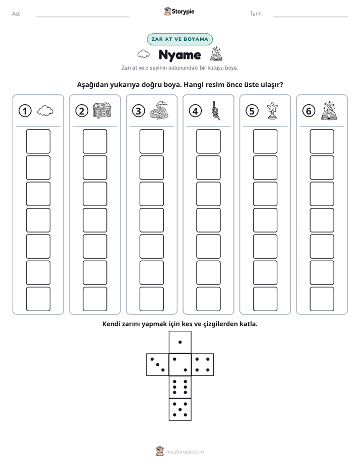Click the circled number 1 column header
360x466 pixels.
(25, 111)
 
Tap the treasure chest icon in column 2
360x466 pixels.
(102, 110)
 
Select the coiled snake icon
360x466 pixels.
(159, 110)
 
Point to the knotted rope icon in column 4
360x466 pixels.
(216, 110)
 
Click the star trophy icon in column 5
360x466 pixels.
(272, 110)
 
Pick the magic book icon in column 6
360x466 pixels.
(329, 110)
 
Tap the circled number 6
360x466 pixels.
(309, 111)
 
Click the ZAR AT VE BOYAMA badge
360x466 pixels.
(179, 39)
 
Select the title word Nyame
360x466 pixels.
(179, 55)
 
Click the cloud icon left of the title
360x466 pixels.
(144, 54)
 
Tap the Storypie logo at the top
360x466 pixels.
(179, 11)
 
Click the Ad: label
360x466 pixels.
(16, 14)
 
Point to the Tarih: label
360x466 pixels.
(256, 14)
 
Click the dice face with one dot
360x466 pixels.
(180, 342)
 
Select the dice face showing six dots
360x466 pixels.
(180, 387)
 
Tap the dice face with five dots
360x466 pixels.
(180, 410)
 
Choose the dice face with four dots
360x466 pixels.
(203, 365)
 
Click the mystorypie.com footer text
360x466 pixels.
(185, 452)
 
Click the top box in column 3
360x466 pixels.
(152, 141)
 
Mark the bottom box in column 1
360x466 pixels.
(38, 299)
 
